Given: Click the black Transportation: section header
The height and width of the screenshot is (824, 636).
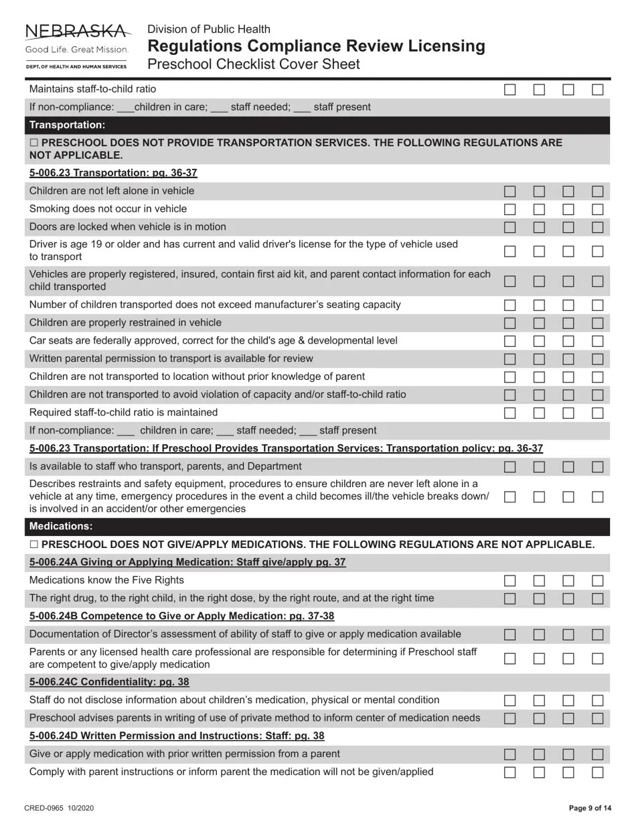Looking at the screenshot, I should [67, 125].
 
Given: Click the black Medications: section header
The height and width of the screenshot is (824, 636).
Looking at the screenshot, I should [61, 527].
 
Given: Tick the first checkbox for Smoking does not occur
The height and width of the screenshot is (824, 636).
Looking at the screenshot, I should [510, 209].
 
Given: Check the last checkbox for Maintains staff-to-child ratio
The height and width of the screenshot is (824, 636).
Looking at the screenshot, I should [598, 89].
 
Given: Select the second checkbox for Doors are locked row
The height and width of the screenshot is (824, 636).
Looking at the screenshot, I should [539, 227].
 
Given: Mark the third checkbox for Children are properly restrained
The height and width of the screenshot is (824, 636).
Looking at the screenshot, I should [568, 323].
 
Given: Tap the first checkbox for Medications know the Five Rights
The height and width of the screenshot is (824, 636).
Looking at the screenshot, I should [510, 581].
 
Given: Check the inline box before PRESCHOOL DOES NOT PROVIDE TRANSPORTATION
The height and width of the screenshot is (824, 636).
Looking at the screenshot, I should [34, 143].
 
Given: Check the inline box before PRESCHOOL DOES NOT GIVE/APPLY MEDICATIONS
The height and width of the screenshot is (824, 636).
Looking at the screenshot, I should [34, 545].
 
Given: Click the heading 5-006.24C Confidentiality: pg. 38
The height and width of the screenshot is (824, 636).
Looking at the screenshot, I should [109, 682].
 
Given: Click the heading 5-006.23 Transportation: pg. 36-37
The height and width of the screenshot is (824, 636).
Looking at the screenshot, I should [113, 173].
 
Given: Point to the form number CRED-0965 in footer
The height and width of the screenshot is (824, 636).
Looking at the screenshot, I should [59, 808].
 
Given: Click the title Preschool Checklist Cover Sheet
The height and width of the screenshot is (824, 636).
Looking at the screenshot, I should [253, 64].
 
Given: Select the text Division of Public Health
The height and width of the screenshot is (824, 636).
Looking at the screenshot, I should [209, 29].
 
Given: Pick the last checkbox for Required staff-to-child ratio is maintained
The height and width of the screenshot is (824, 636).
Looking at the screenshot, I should [598, 413].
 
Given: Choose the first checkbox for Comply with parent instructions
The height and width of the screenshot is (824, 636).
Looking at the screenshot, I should [510, 772].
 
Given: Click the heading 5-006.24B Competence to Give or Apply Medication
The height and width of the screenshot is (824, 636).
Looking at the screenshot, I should [181, 616].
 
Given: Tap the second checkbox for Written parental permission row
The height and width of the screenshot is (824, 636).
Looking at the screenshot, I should [539, 359].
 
